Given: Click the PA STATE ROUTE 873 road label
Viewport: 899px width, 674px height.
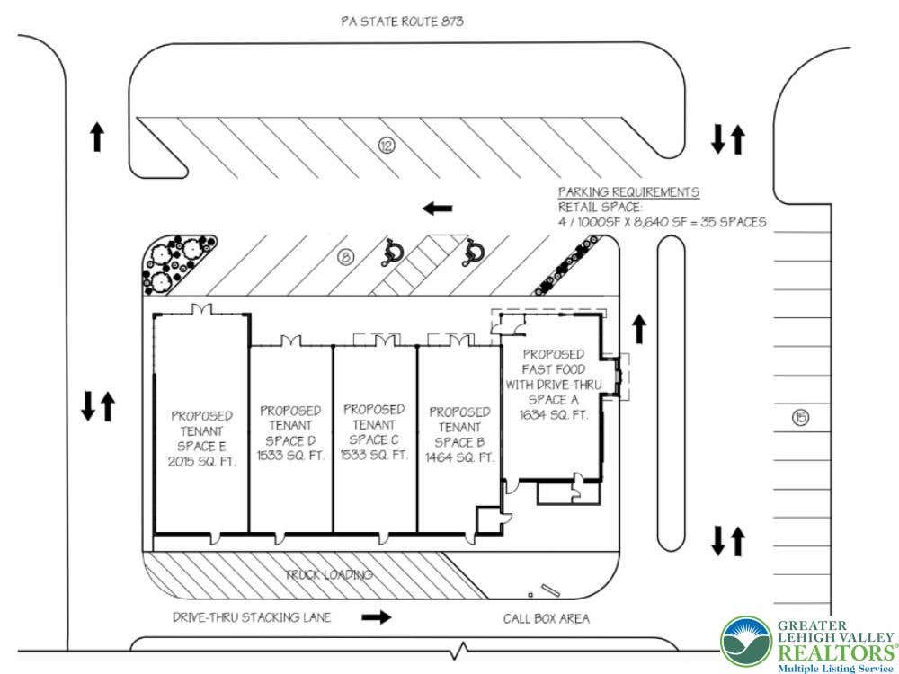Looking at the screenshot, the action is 402,22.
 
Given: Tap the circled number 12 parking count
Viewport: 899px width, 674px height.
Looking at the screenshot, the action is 387,146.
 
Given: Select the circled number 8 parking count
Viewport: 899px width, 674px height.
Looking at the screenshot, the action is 345,257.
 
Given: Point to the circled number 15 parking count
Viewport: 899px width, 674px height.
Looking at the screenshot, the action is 800,417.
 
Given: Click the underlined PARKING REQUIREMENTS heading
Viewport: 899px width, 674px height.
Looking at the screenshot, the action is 628,192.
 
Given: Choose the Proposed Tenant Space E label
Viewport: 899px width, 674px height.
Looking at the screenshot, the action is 201,438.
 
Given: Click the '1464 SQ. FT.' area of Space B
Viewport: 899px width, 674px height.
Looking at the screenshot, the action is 459,457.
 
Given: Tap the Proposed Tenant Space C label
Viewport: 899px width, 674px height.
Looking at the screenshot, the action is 374,431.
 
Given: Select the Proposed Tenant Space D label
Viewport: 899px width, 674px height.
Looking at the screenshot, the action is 290,433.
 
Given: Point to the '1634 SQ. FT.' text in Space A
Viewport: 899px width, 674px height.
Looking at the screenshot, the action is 553,414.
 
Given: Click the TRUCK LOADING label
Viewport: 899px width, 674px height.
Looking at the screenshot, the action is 329,574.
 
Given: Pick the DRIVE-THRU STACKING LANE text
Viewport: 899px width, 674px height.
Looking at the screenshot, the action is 252,617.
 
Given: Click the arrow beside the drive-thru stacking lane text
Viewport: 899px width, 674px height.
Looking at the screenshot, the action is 376,617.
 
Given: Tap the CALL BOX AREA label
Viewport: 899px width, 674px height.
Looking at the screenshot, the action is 546,618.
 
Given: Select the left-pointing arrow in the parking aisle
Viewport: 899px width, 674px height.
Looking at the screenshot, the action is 438,208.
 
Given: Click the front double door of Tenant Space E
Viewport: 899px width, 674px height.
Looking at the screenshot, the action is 201,308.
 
